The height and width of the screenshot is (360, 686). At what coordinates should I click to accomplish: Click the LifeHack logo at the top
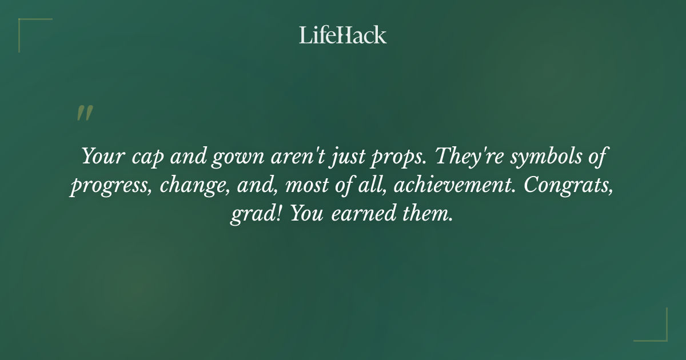[343, 35]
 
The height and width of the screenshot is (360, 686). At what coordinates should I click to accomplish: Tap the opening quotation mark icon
[84, 113]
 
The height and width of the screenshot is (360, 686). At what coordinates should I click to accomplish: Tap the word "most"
[307, 186]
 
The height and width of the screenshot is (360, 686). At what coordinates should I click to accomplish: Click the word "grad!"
[256, 214]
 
